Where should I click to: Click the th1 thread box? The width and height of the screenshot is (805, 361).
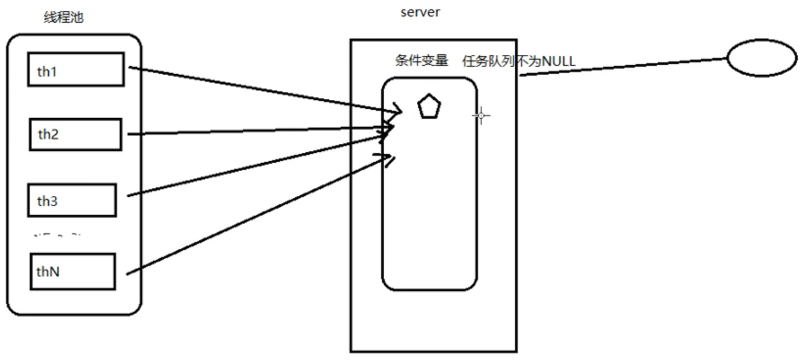point(75,70)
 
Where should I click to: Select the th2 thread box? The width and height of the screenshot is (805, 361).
point(76,134)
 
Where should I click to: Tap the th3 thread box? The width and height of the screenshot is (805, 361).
point(72,200)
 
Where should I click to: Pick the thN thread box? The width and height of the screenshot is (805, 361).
point(72,271)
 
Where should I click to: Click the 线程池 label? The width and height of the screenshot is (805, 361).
point(63,18)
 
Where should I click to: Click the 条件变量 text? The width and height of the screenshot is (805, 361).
point(421,61)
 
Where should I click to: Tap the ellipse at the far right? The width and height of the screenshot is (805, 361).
point(761,59)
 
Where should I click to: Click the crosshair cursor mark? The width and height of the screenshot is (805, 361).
point(481,116)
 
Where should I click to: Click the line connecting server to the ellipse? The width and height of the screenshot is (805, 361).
point(623,67)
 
